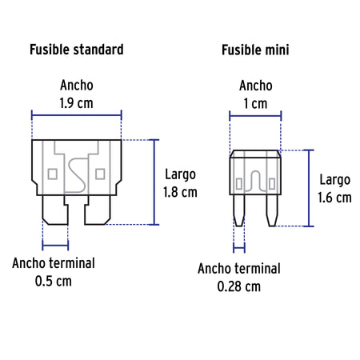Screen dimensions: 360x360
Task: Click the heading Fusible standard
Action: (77, 50)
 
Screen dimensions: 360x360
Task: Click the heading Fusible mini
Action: (255, 50)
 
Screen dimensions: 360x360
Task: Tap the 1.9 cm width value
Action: (76, 103)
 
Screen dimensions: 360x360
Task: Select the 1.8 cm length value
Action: (180, 192)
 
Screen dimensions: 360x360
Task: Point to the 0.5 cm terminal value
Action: (54, 282)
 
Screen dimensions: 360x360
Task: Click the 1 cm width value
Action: (255, 103)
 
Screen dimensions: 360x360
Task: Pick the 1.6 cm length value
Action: (334, 198)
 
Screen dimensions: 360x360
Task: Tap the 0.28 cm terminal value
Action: (239, 286)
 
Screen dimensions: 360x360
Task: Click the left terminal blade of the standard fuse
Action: (55, 210)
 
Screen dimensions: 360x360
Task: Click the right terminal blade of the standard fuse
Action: (98, 210)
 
